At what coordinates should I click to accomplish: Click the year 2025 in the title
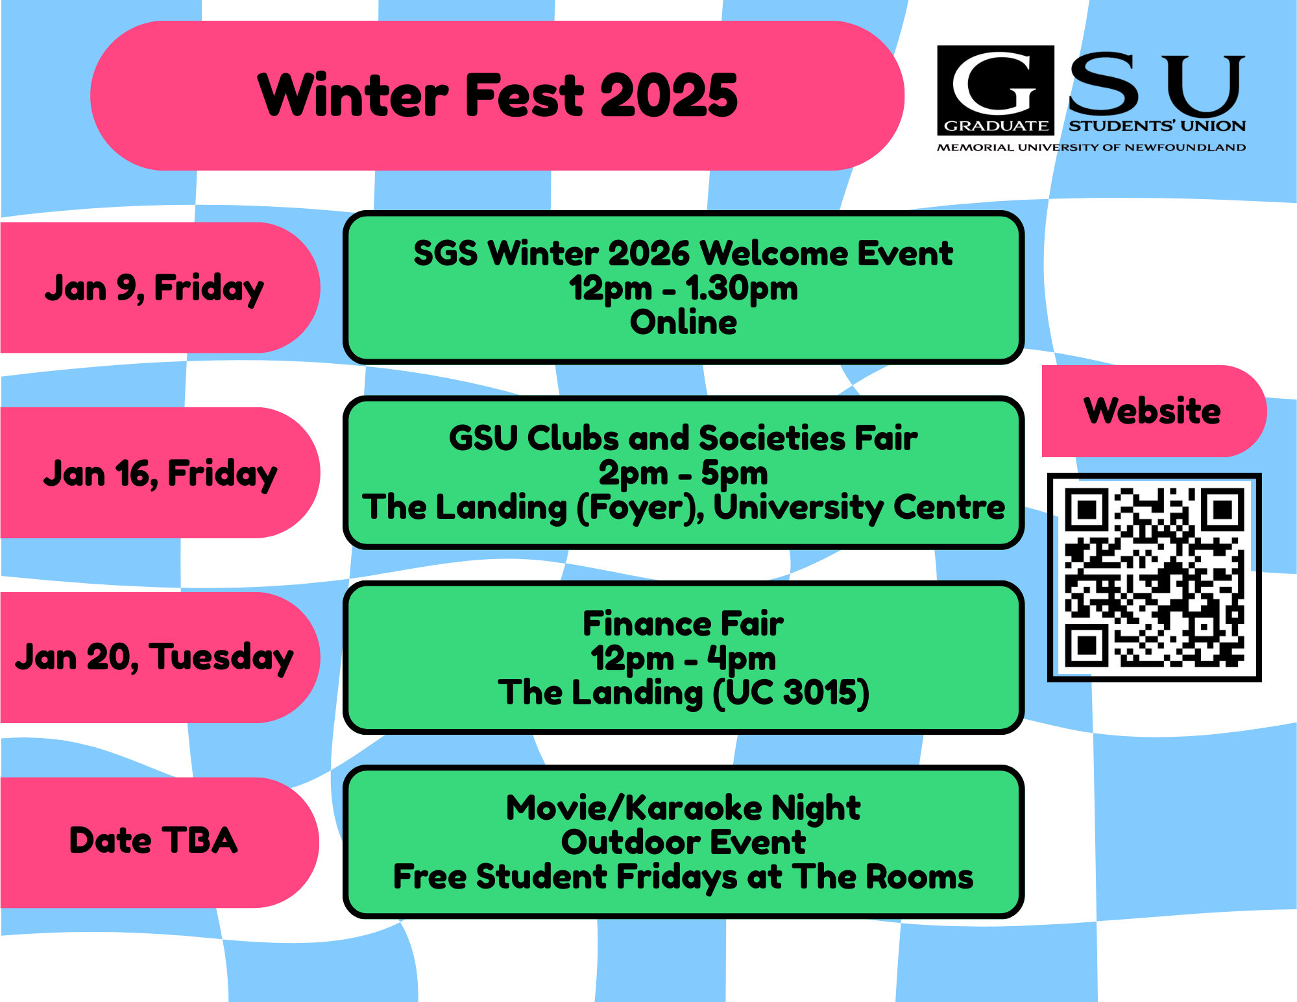[669, 95]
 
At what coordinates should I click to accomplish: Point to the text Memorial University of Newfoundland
[1091, 148]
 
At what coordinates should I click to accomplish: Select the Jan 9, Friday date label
[154, 288]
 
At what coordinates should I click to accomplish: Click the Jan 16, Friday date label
[160, 473]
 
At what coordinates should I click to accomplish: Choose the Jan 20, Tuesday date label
[154, 658]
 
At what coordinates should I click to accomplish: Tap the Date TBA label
[153, 841]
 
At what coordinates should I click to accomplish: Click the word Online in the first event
[683, 322]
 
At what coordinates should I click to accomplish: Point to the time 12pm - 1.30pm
[683, 288]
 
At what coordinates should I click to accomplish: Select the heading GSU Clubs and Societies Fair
[683, 438]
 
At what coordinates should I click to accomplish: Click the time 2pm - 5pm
[683, 473]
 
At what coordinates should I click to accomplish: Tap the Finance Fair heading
[683, 624]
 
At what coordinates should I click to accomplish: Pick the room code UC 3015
[790, 693]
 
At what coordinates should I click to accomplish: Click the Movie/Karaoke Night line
[683, 808]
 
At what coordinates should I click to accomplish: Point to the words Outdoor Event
[683, 842]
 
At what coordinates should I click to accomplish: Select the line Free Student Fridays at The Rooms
[683, 877]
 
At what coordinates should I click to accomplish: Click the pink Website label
[1152, 411]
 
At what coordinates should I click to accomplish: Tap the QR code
[1154, 577]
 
